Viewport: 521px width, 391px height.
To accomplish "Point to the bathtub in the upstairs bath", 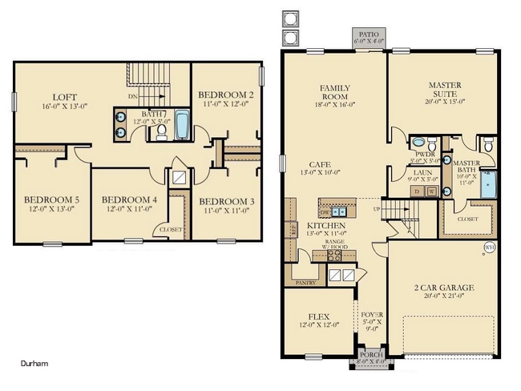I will [x=182, y=127].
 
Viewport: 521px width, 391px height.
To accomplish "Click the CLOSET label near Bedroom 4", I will [x=170, y=228].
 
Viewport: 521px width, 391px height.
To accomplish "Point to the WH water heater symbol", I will [x=489, y=248].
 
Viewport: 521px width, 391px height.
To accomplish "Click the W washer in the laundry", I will [x=433, y=191].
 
